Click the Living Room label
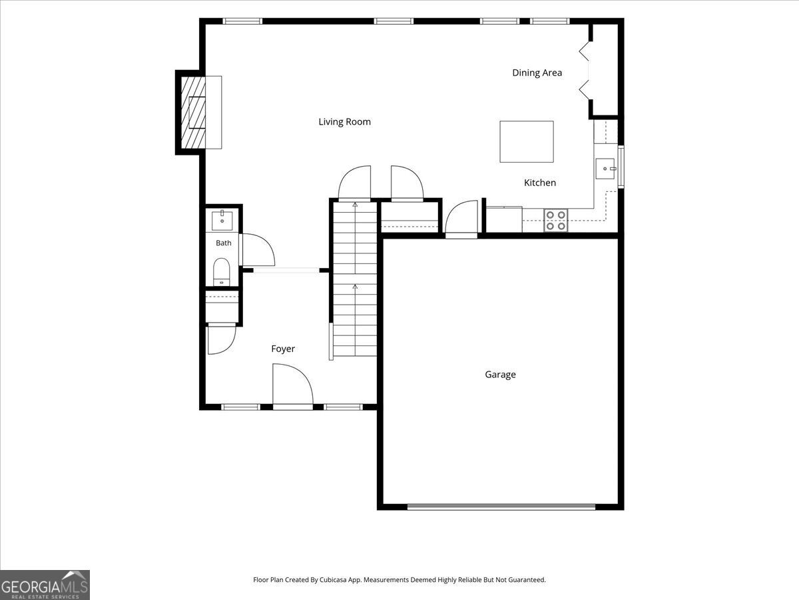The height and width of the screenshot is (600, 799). tap(344, 122)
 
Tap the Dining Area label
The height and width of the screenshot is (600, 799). tap(537, 73)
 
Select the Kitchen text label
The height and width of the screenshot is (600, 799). tap(540, 183)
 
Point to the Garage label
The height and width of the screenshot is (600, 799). tap(500, 375)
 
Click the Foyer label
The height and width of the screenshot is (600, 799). tap(283, 349)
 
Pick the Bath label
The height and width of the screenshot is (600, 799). tap(224, 243)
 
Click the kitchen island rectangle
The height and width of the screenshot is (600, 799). tap(527, 142)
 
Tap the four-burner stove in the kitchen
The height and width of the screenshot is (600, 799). tap(556, 221)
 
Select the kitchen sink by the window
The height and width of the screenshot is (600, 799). tap(605, 169)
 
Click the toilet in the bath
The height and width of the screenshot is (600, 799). tap(221, 272)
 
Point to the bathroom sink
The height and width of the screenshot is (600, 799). tap(222, 220)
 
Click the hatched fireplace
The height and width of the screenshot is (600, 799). tap(193, 113)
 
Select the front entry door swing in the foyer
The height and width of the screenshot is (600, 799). tap(293, 386)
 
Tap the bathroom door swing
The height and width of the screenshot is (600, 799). tap(258, 250)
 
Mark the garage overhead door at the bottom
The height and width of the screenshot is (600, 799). tap(501, 507)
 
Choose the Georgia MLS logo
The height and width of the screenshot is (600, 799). tap(45, 585)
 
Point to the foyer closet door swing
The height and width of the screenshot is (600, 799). tap(221, 340)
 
